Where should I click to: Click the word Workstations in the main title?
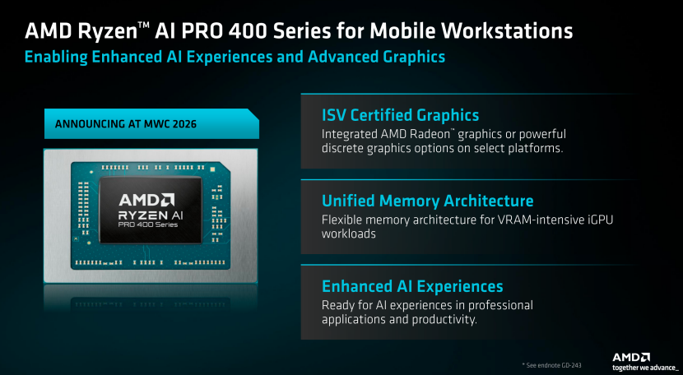point(506,31)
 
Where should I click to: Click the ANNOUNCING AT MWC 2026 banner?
point(151,123)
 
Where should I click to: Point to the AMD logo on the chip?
point(146,200)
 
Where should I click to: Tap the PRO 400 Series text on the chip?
point(148,225)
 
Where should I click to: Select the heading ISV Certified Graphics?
point(400,115)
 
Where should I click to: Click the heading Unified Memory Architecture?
point(427,201)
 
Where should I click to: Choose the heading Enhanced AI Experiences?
point(412,286)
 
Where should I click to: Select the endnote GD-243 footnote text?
point(551,365)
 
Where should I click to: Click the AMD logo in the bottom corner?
point(631,358)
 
